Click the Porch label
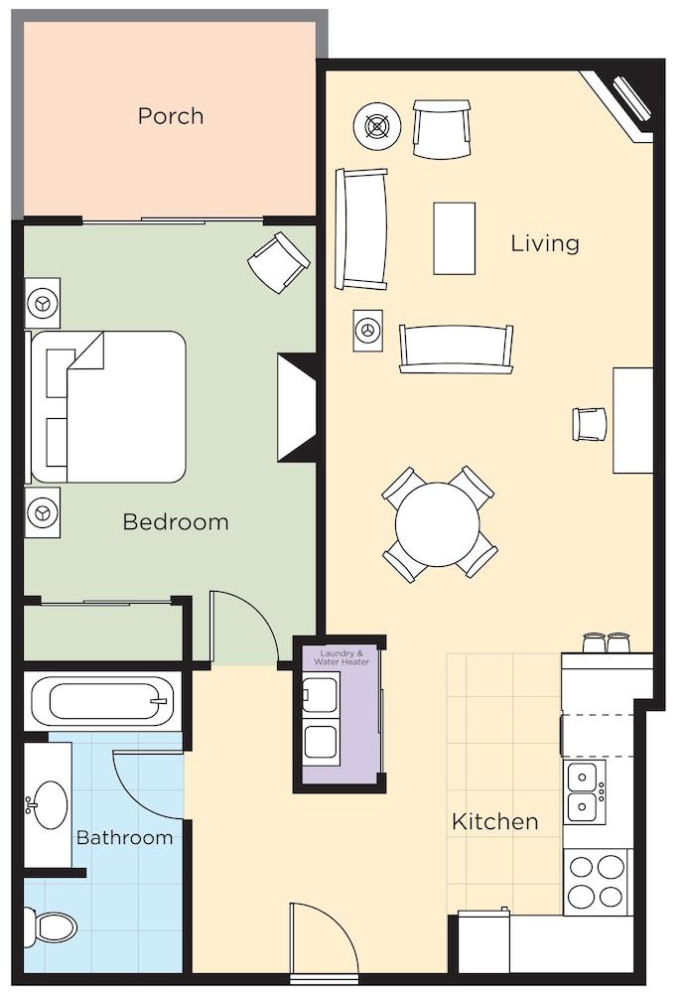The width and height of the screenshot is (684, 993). (x=171, y=116)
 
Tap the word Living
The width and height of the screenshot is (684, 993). (x=544, y=243)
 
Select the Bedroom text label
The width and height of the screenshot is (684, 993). (x=175, y=521)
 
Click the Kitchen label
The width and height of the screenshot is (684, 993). (x=494, y=821)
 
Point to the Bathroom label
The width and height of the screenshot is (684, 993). (x=124, y=837)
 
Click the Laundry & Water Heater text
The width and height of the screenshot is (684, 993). (x=342, y=657)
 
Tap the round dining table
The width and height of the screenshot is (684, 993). (x=438, y=523)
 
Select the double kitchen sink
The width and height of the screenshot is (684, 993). (x=583, y=791)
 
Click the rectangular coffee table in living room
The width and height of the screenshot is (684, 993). (x=455, y=237)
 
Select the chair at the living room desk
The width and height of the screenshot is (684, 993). (x=589, y=424)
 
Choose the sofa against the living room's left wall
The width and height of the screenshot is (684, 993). (x=361, y=228)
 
